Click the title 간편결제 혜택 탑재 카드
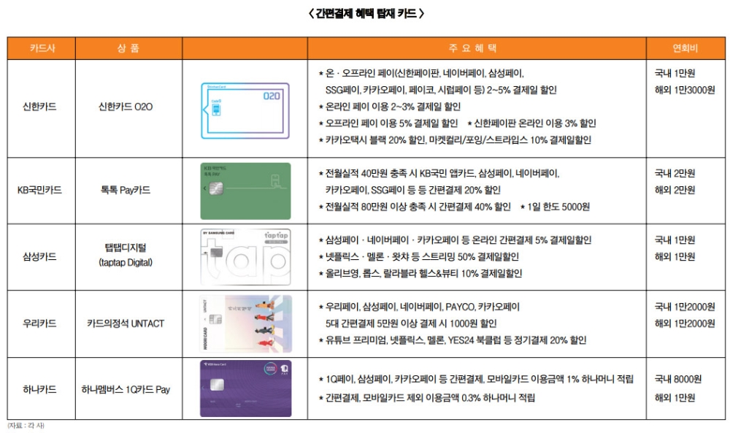[x=366, y=13]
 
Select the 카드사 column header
[x=41, y=49]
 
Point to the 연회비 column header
[x=685, y=49]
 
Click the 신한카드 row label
[x=39, y=107]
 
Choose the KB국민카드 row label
[x=39, y=190]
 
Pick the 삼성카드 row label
[x=39, y=256]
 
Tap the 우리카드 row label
[x=39, y=323]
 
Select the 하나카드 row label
[x=39, y=390]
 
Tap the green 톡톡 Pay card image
[x=245, y=190]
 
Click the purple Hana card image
[x=245, y=389]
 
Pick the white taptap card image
[x=245, y=257]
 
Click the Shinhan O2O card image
[x=245, y=110]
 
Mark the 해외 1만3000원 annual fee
[x=685, y=90]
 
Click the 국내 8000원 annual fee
[x=678, y=380]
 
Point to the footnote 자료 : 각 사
[x=26, y=426]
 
